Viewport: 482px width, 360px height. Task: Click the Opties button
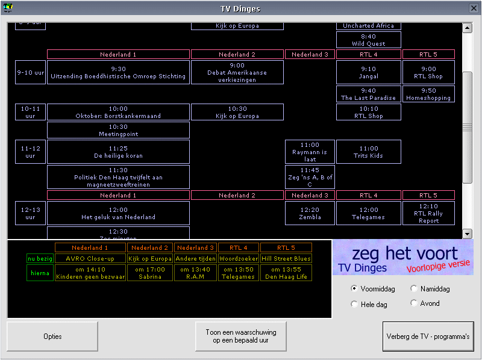coord(52,337)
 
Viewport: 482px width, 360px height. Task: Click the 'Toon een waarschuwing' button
coord(241,337)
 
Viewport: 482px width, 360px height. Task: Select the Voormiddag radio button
coord(354,289)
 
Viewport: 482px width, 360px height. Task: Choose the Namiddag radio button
coord(413,289)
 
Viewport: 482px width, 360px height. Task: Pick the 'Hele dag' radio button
coord(354,305)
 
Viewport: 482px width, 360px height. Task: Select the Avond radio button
coord(413,303)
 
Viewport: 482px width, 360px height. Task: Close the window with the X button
coord(474,8)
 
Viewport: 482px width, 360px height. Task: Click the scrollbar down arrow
coord(467,234)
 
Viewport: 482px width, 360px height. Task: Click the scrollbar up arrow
coord(467,28)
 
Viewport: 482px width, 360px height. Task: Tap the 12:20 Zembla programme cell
coord(310,214)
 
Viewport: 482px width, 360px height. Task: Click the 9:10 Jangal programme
coord(369,72)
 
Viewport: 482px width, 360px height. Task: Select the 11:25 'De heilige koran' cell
coord(118,152)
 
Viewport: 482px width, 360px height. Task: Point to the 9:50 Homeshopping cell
coord(428,94)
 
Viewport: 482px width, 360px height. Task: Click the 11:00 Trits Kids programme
coord(369,152)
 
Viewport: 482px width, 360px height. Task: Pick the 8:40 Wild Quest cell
coord(369,40)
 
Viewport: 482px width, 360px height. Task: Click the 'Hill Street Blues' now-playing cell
coord(286,258)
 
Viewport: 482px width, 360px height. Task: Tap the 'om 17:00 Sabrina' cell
coord(150,273)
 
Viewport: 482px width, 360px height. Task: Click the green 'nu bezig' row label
coord(40,258)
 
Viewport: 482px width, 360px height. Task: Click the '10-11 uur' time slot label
coord(30,112)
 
